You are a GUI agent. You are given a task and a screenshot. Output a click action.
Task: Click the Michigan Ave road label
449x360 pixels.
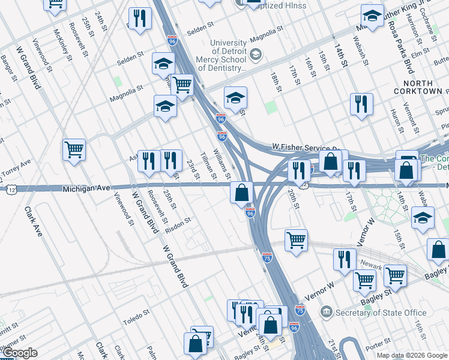(86, 188)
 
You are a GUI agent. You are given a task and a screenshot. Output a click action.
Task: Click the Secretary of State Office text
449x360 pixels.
(381, 313)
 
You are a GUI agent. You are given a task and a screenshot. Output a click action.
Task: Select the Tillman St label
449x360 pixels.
(208, 165)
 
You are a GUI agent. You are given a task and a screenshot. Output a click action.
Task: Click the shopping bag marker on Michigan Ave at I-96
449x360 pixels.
(241, 193)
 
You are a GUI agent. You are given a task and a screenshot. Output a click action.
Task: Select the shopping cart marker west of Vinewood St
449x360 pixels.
(74, 149)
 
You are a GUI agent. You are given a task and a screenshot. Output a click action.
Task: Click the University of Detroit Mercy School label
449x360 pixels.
(229, 56)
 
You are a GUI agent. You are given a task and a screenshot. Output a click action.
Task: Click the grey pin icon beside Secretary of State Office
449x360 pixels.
(327, 312)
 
